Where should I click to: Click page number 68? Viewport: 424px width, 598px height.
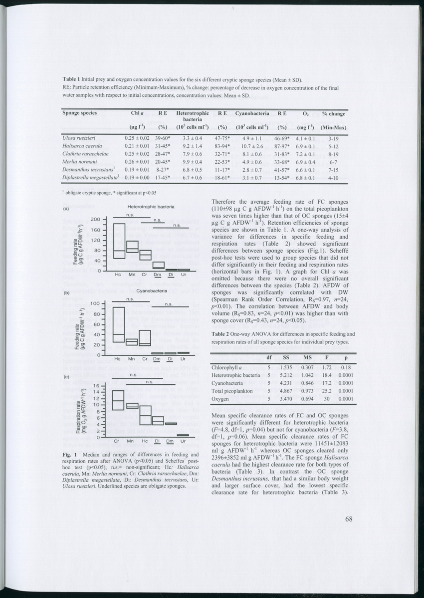click(349, 519)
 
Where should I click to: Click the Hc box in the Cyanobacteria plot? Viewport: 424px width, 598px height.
click(118, 324)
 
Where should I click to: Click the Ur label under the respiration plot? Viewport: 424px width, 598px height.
click(184, 441)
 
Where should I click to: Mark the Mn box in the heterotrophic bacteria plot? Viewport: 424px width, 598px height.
click(132, 247)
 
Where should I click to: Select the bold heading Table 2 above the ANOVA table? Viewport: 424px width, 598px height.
click(222, 333)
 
